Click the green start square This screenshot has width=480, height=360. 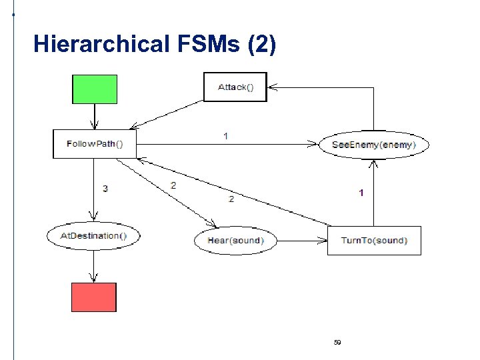coord(95,89)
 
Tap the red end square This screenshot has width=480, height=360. coord(94,297)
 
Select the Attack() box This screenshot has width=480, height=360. coord(235,87)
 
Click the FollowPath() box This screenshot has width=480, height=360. coord(94,144)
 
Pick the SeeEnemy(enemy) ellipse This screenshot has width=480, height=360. coord(374,145)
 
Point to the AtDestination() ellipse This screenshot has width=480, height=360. coord(93,235)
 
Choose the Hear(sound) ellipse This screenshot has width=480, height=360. coord(235,241)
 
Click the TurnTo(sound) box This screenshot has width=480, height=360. coord(374,241)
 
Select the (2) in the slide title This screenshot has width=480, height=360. coord(261,45)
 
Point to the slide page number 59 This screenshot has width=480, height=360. coord(337,343)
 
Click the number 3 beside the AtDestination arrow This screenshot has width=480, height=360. coord(105,189)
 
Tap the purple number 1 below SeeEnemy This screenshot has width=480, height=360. coord(361,193)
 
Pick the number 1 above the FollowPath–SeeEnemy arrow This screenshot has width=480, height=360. coord(225,136)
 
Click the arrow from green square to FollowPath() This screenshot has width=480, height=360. coord(95,117)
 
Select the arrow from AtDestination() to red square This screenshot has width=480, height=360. coord(94,266)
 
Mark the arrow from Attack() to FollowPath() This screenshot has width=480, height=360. coord(167,114)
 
